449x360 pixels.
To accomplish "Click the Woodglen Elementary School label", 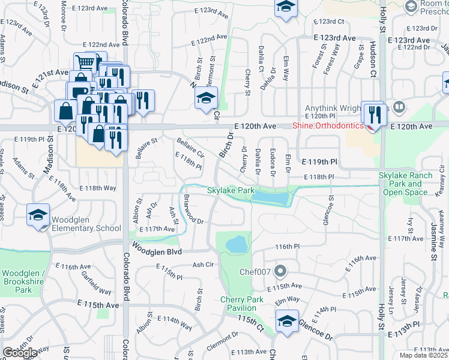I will [86, 223].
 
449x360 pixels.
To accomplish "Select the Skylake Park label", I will [231, 190].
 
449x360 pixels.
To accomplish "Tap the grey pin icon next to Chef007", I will [280, 272].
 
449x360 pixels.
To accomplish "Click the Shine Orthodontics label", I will [328, 125].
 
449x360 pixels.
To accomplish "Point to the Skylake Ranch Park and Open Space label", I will [414, 184].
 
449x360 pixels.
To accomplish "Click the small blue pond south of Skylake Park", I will [237, 244].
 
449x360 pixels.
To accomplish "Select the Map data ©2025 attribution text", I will [424, 355].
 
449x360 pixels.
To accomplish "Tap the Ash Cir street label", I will [203, 264].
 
